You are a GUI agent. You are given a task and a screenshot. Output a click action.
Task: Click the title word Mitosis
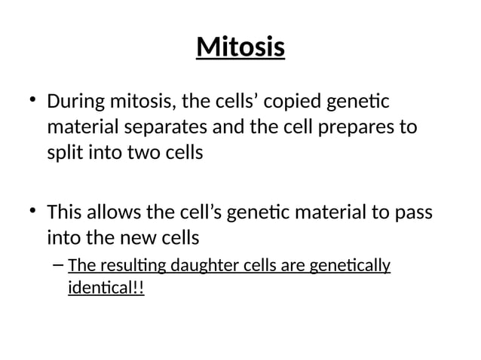click(x=240, y=47)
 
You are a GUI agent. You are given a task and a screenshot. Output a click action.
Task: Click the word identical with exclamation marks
click(x=105, y=288)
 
